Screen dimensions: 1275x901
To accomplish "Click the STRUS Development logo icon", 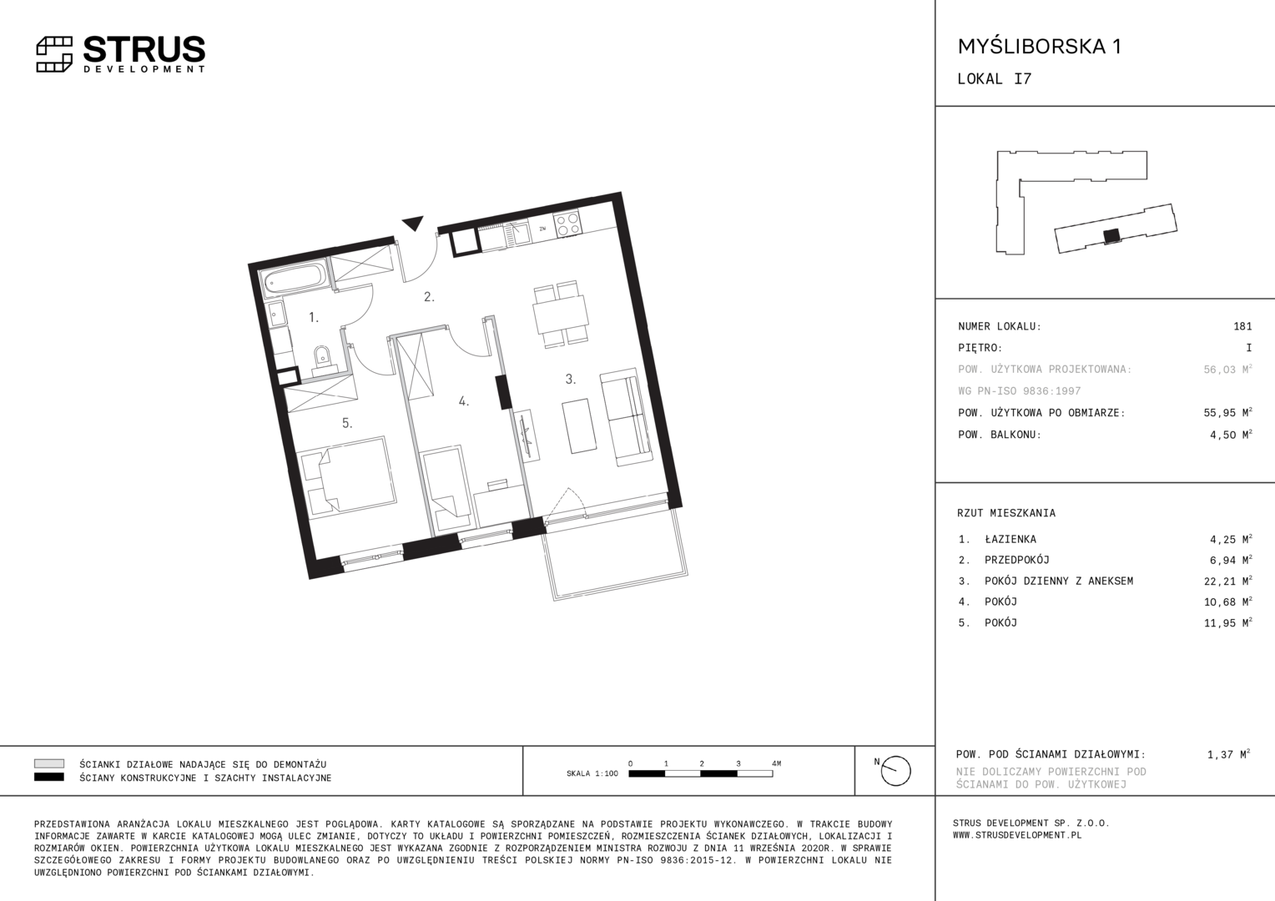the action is [54, 54].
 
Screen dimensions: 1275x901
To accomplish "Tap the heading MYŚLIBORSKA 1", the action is [1040, 47].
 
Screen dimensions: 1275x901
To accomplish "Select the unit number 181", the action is [1242, 326].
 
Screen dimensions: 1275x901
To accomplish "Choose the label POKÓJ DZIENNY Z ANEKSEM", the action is [1059, 581].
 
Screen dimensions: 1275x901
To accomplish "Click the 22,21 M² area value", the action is [1227, 581].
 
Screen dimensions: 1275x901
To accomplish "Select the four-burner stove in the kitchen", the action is [567, 223].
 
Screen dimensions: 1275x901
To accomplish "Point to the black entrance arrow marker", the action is [413, 223].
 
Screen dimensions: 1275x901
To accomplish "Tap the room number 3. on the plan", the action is [571, 379].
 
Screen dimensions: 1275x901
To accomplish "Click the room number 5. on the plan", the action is [347, 423].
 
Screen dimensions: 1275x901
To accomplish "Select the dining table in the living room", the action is [561, 315].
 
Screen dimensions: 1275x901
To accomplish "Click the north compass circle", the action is [896, 771].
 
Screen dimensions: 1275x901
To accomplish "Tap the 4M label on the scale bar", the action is [776, 763].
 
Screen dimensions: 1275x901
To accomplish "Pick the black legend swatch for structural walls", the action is [49, 778].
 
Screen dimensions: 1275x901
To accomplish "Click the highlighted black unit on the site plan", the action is [1111, 236].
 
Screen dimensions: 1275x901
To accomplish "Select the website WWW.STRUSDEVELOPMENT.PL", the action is [1017, 836].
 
